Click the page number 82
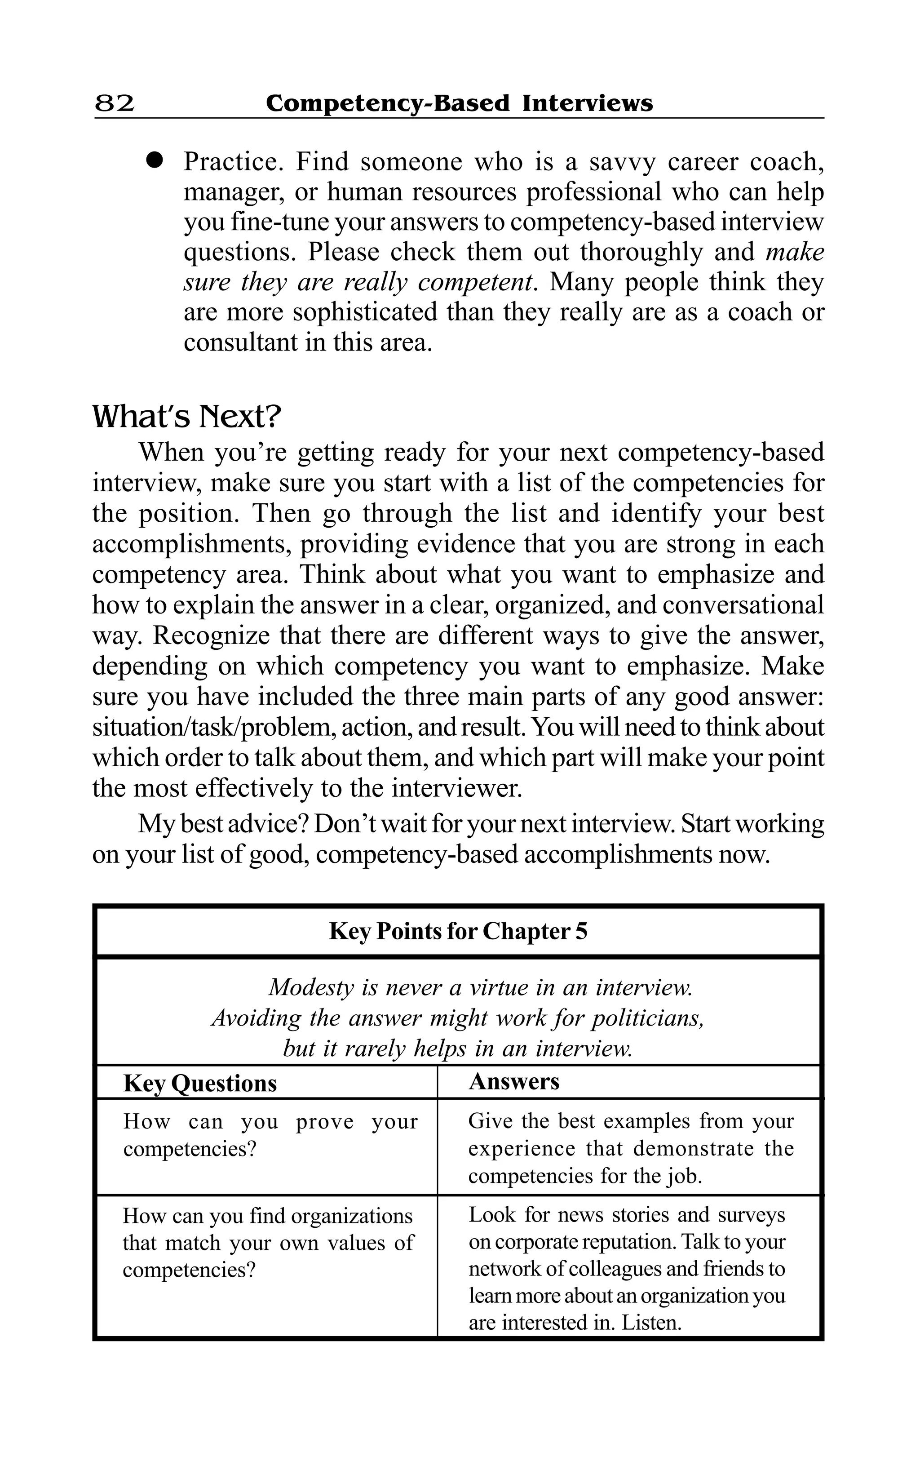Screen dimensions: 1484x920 pyautogui.click(x=115, y=103)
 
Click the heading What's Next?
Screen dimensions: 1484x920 pyautogui.click(x=187, y=417)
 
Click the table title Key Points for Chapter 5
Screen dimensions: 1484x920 pyautogui.click(x=458, y=931)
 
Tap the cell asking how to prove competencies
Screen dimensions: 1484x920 pyautogui.click(x=270, y=1135)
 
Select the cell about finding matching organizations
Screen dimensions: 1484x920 pyautogui.click(x=268, y=1242)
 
